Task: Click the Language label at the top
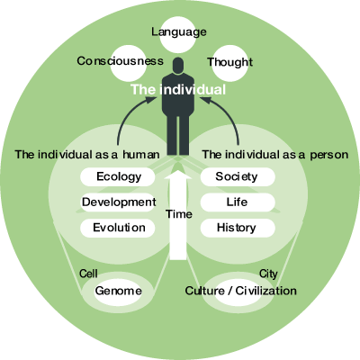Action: coord(179,31)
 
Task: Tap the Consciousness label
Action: coord(120,61)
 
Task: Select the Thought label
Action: coord(229,62)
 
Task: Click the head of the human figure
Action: coord(178,66)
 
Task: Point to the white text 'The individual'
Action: coord(178,89)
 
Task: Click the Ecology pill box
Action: coord(118,176)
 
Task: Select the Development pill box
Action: coord(119,202)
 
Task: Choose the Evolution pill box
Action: coord(118,228)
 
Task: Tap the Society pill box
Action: coord(238,176)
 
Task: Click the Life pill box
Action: coord(238,202)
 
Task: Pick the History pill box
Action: coord(238,228)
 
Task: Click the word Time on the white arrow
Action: coord(179,214)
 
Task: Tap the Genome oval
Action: coord(118,291)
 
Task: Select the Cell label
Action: coord(88,274)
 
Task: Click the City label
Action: coord(268,274)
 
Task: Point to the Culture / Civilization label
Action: coord(240,291)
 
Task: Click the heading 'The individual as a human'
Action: coord(87,155)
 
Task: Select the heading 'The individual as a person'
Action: coord(275,155)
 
